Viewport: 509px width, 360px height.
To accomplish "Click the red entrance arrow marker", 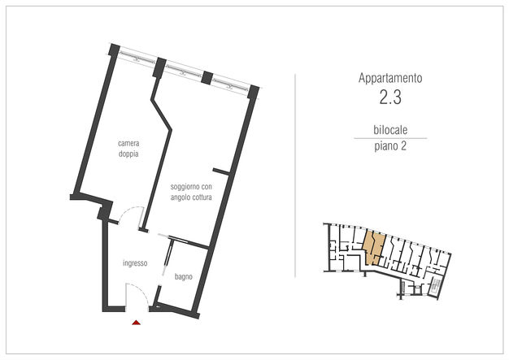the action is [137, 323].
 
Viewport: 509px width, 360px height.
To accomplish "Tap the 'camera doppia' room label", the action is [128, 149].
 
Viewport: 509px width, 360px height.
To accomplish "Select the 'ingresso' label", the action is [135, 263].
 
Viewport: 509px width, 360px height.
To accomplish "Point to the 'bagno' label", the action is [184, 276].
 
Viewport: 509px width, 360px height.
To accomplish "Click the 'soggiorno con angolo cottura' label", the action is [191, 192].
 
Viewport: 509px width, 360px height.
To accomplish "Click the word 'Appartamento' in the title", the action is [390, 78].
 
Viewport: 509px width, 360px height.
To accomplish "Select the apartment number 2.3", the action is [390, 97].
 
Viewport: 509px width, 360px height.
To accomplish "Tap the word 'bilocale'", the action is [390, 130].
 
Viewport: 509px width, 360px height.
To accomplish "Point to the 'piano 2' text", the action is [390, 146].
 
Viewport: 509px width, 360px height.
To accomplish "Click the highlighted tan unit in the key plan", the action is [375, 247].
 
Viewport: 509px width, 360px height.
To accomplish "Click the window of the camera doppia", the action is [137, 57].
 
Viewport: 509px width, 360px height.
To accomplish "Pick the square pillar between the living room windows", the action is [207, 78].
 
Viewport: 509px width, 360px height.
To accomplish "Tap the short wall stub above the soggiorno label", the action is [222, 171].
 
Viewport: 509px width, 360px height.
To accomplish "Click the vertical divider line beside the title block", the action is [295, 176].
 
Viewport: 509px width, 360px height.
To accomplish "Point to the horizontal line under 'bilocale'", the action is [390, 138].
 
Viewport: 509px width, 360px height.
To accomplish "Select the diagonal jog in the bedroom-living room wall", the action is [161, 114].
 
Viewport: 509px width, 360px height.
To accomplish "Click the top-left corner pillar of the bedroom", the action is [114, 50].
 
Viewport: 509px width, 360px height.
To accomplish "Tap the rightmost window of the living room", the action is [230, 85].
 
